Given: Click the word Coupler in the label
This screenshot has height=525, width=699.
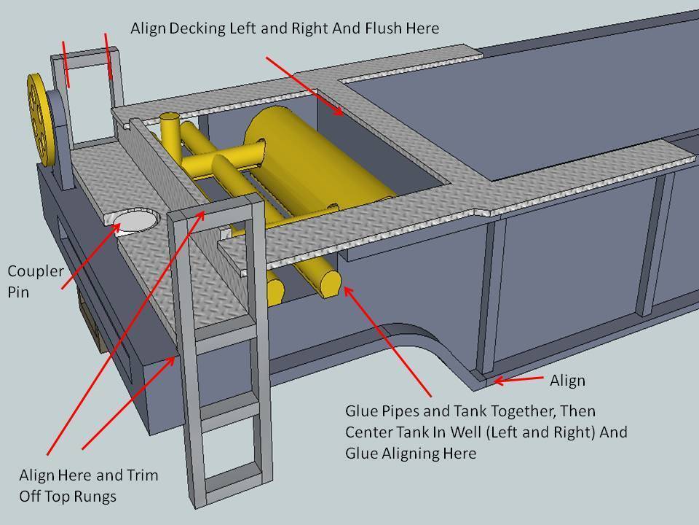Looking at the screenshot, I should [x=32, y=272].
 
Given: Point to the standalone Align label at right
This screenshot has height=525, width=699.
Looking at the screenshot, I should [x=567, y=380].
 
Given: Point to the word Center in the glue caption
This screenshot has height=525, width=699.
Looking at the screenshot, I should [x=369, y=432].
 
